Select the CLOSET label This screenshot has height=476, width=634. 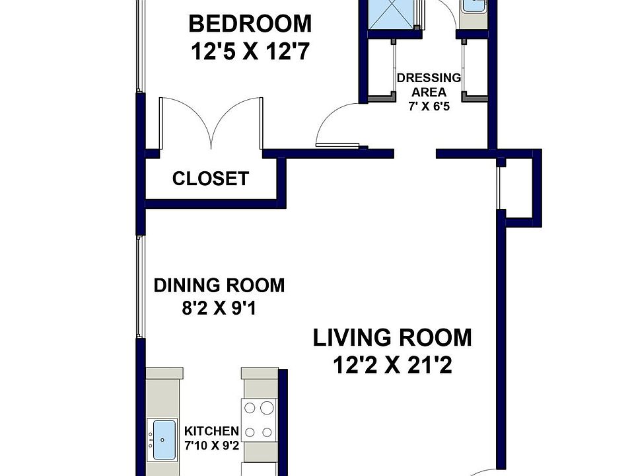[x=210, y=178]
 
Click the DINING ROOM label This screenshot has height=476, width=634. [x=219, y=286]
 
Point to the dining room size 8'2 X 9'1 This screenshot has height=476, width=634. [x=219, y=309]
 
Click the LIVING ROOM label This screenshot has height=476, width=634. [x=392, y=338]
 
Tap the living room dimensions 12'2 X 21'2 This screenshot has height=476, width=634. [x=392, y=365]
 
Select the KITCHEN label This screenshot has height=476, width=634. [x=211, y=431]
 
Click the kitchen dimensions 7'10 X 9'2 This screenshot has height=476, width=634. [x=211, y=446]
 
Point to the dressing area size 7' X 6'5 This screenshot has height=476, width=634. [x=429, y=106]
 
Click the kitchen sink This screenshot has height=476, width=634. [x=161, y=439]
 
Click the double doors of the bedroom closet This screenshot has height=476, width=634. [x=211, y=123]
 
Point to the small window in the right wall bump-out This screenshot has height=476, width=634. [x=499, y=188]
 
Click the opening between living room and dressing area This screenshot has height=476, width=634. [x=415, y=153]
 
